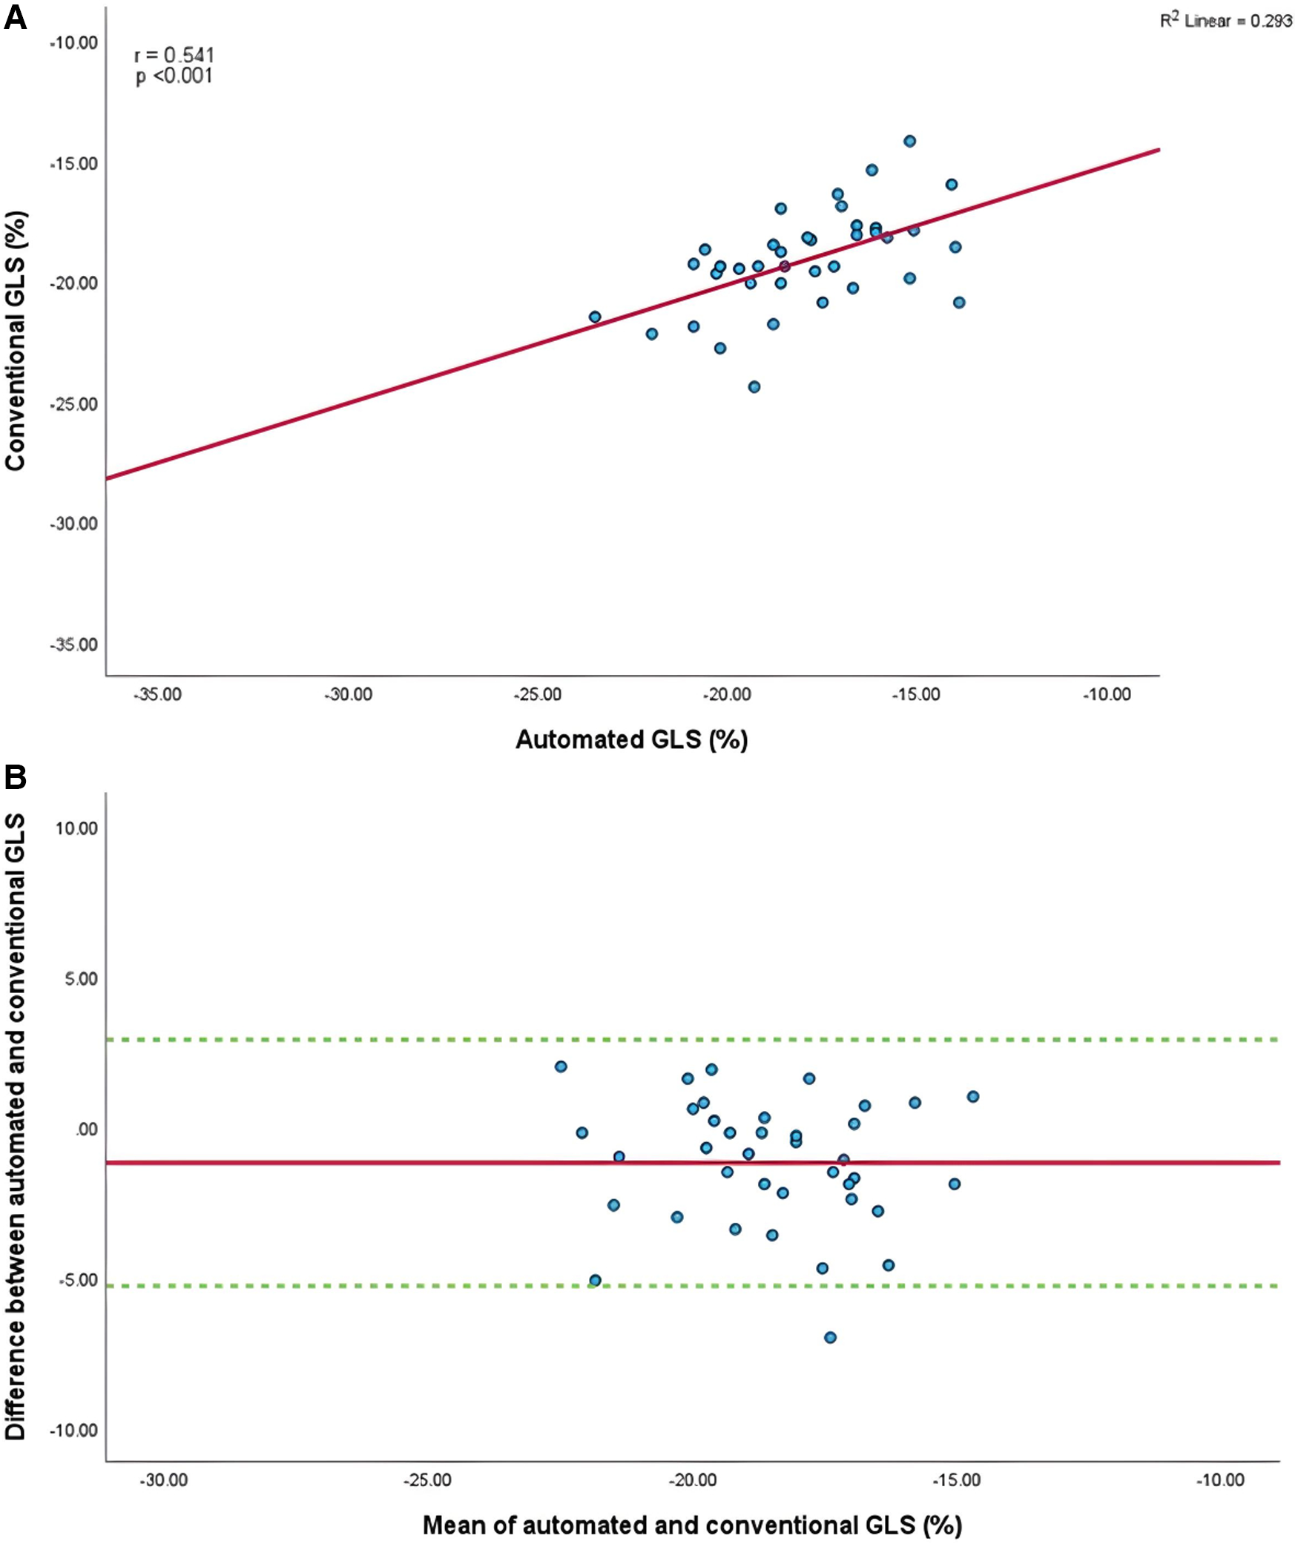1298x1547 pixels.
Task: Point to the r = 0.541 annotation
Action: pyautogui.click(x=174, y=55)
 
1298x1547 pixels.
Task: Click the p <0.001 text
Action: pyautogui.click(x=174, y=76)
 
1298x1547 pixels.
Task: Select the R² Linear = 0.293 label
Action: pyautogui.click(x=1225, y=20)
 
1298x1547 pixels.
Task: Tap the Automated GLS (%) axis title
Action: pyautogui.click(x=631, y=739)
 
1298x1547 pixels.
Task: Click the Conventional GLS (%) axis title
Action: pyautogui.click(x=15, y=341)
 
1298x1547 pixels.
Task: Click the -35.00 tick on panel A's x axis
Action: pyautogui.click(x=158, y=695)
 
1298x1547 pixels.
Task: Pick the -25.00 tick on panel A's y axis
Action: pyautogui.click(x=74, y=404)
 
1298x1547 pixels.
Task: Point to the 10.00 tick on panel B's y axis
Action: pyautogui.click(x=76, y=828)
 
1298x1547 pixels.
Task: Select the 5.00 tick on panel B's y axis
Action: pyautogui.click(x=80, y=979)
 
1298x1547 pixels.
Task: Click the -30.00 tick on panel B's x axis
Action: pyautogui.click(x=164, y=1480)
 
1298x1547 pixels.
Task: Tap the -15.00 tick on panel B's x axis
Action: pyautogui.click(x=957, y=1480)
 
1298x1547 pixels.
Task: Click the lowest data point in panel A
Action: pyautogui.click(x=754, y=386)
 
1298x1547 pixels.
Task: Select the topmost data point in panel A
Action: pyautogui.click(x=909, y=141)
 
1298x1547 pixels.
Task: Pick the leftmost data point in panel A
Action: pyautogui.click(x=594, y=317)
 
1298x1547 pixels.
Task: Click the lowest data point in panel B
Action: pyautogui.click(x=830, y=1337)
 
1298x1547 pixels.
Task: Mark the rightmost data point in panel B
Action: pyautogui.click(x=972, y=1096)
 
